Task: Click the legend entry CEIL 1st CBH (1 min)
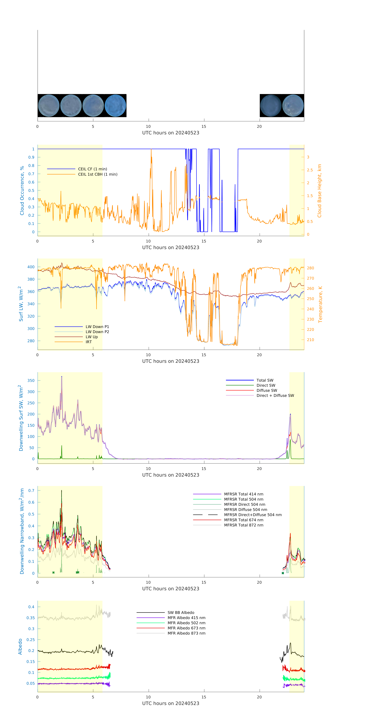[98, 174]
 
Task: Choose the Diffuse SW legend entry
[266, 390]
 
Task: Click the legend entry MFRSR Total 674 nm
[244, 520]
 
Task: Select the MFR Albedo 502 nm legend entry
[186, 623]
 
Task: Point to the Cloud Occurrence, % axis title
[22, 191]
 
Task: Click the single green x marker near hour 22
[283, 573]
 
